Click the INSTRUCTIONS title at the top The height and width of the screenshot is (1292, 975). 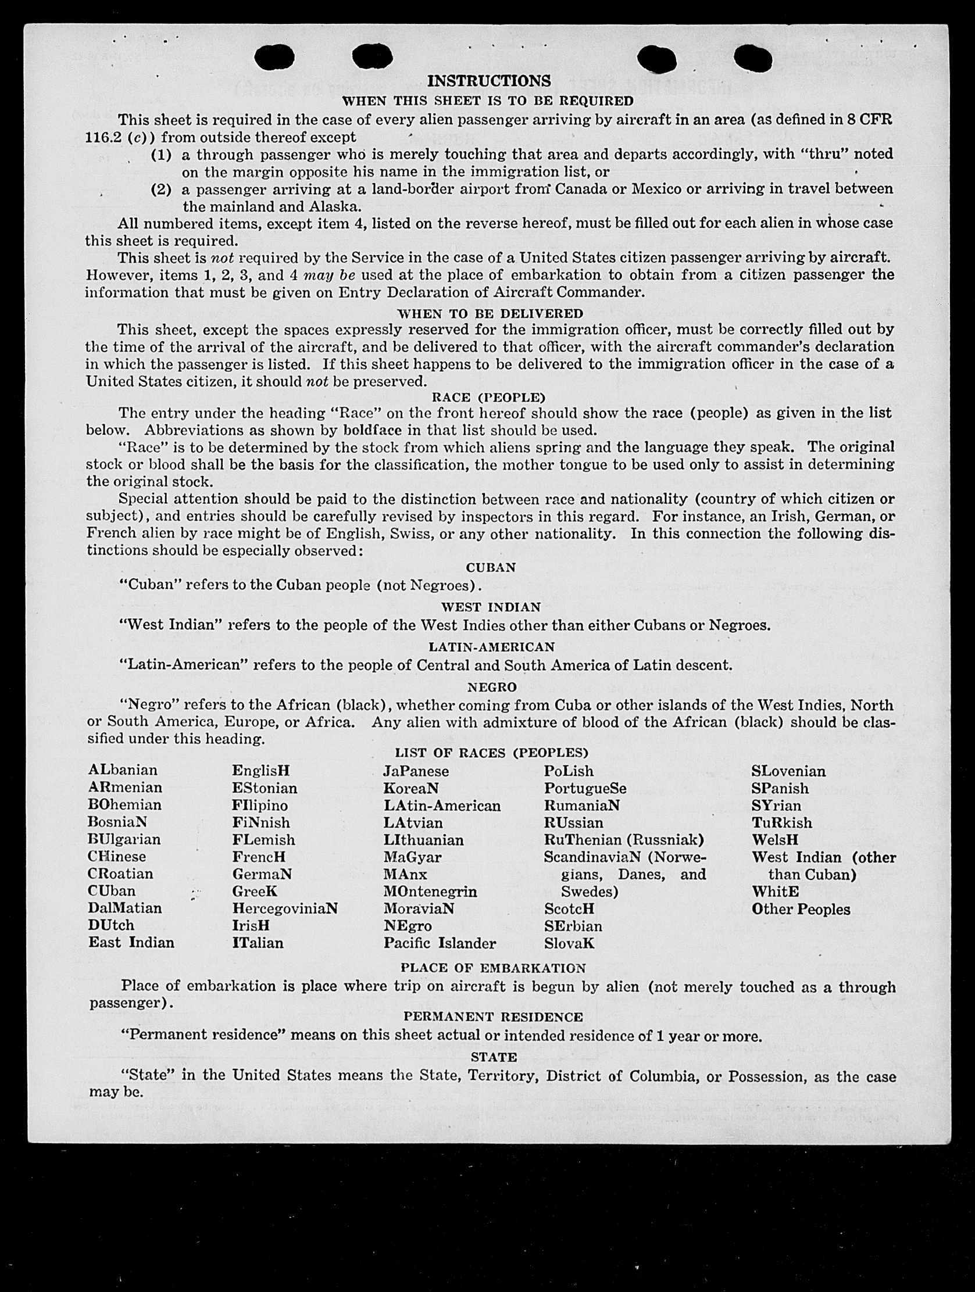click(x=488, y=81)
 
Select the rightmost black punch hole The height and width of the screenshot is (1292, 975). click(x=752, y=58)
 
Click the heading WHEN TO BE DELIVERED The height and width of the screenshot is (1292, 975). click(x=490, y=314)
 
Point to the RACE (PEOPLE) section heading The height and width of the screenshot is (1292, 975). click(x=488, y=397)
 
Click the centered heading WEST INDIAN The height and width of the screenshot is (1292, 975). click(x=491, y=607)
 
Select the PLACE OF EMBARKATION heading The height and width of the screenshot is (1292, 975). click(x=492, y=968)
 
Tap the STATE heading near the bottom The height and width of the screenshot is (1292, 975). click(x=494, y=1057)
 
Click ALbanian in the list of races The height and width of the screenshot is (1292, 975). click(x=123, y=771)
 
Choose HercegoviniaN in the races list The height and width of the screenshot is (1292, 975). click(x=285, y=908)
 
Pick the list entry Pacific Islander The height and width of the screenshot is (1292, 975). click(x=440, y=943)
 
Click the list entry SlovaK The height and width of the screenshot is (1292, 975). click(x=570, y=943)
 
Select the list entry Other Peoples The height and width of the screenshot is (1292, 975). click(x=801, y=909)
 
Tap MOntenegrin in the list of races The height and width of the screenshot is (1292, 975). click(x=430, y=892)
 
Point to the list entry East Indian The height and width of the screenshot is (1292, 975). click(x=131, y=942)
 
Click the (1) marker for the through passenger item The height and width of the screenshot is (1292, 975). click(x=161, y=155)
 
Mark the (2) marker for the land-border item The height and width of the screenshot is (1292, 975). click(x=161, y=189)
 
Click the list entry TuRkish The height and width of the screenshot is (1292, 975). click(x=781, y=822)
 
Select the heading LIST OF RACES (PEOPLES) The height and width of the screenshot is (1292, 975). click(x=491, y=752)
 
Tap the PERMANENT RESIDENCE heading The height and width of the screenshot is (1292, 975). click(x=492, y=1017)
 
